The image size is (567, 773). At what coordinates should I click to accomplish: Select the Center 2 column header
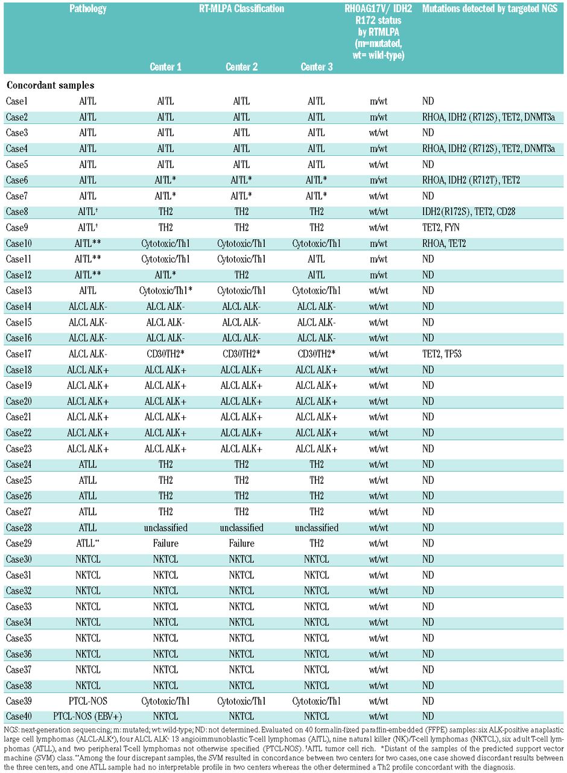[x=242, y=67]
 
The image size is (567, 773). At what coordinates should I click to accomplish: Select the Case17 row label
[x=19, y=354]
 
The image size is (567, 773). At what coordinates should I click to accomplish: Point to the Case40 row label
[x=19, y=717]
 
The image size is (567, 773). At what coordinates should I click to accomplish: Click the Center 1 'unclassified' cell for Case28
[x=165, y=527]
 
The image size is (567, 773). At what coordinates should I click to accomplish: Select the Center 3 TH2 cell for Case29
[x=316, y=544]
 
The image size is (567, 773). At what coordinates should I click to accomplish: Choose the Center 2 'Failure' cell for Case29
[x=241, y=544]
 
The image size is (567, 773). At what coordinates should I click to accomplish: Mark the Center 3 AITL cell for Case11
[x=316, y=259]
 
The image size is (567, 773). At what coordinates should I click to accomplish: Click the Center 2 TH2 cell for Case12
[x=241, y=275]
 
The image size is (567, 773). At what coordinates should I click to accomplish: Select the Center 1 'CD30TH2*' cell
[x=165, y=354]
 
